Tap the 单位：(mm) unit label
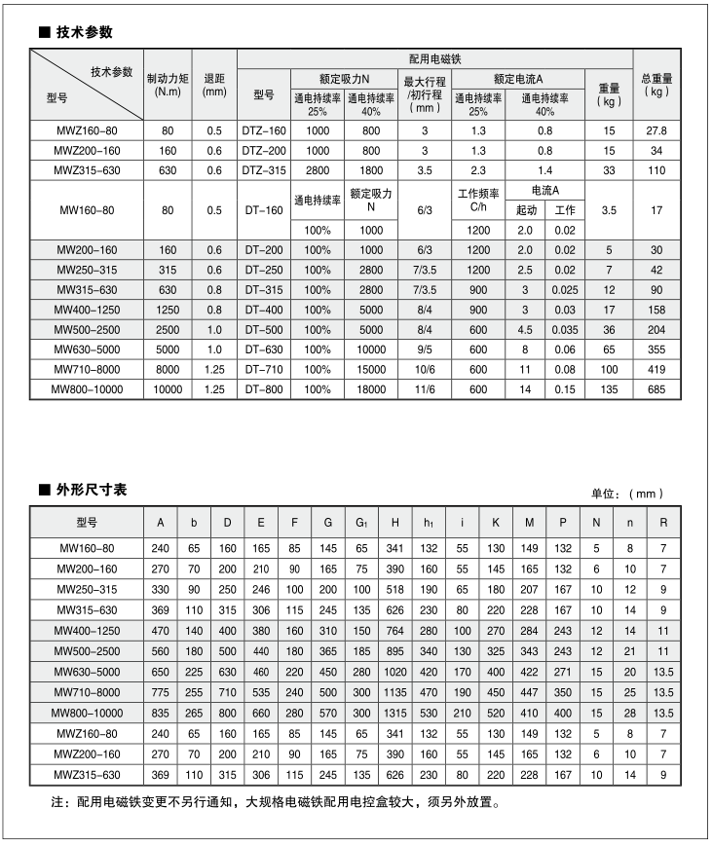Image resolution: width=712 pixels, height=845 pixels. click(x=627, y=493)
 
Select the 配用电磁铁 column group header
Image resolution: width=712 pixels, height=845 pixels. click(x=434, y=58)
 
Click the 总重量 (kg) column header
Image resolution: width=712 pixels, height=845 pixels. click(x=656, y=85)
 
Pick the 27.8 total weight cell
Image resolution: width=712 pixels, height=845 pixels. click(x=656, y=130)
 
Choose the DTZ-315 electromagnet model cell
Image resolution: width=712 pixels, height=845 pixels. click(x=264, y=169)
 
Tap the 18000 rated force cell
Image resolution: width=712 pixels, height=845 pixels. click(x=370, y=389)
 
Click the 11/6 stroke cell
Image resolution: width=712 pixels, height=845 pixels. click(x=425, y=389)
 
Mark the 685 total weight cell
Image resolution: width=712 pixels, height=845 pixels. click(x=656, y=389)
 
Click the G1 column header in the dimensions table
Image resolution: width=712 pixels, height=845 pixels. click(x=361, y=522)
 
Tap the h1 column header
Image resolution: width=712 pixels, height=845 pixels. click(x=428, y=522)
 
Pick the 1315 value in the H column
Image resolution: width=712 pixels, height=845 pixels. click(x=394, y=713)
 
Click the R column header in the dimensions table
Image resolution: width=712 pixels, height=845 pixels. click(x=662, y=522)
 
